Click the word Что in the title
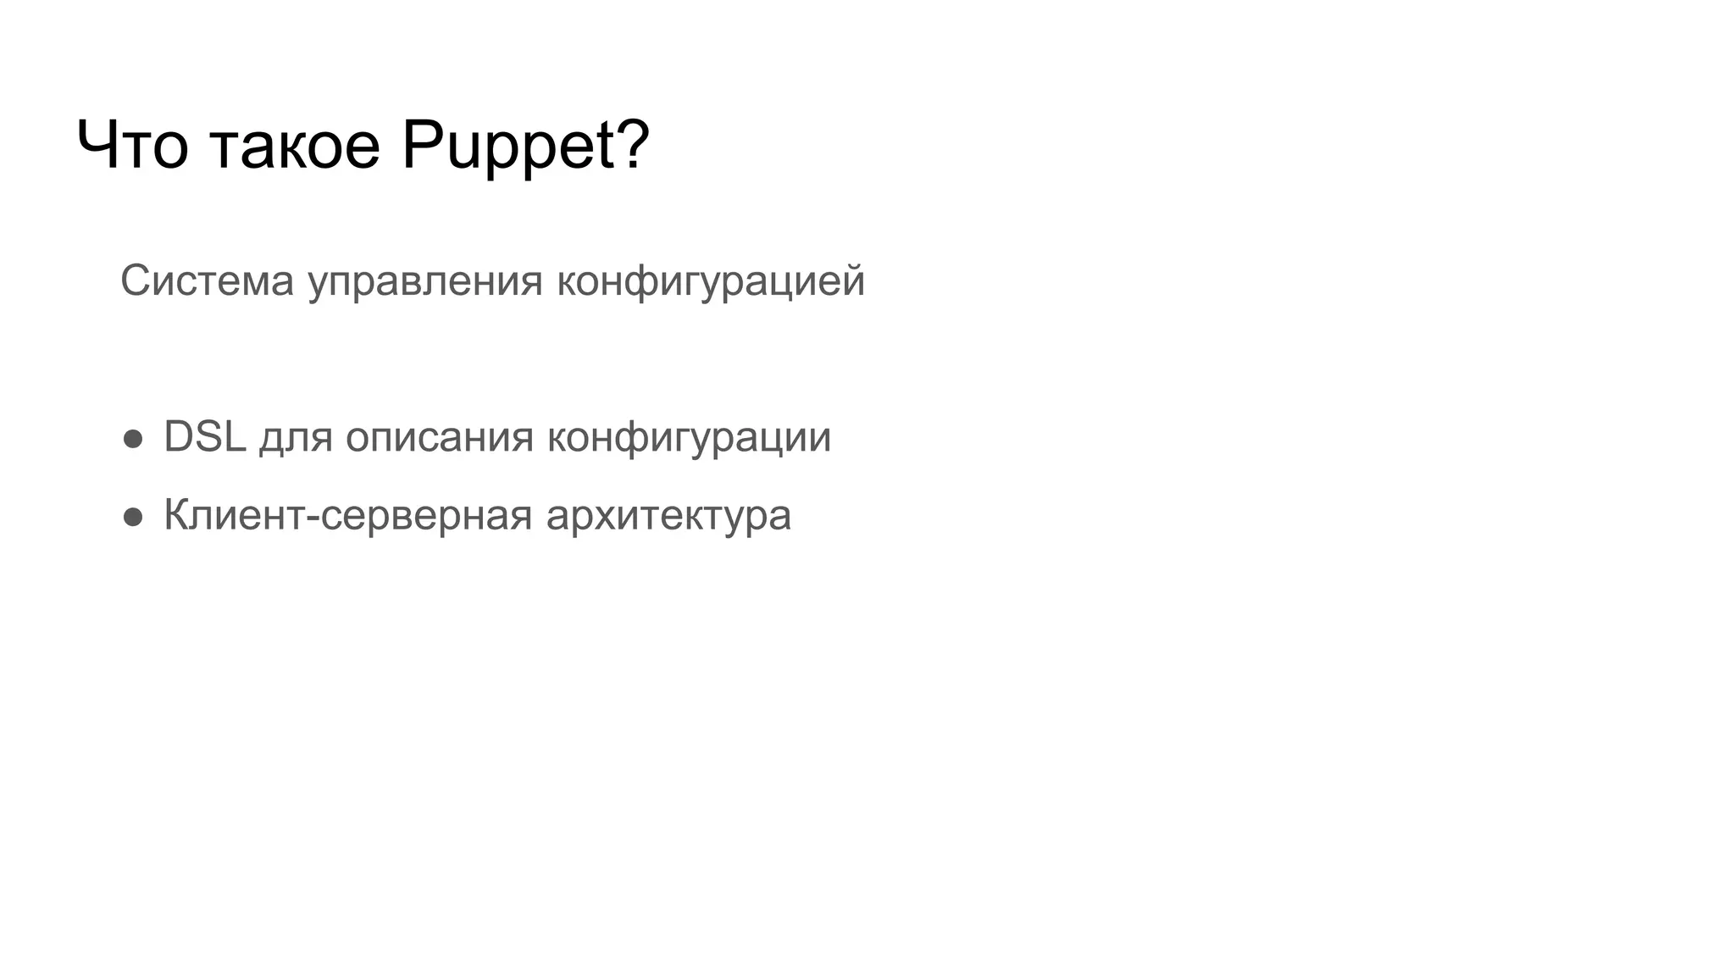tap(131, 146)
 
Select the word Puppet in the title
tap(508, 146)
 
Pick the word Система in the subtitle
tap(207, 280)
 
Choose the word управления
tap(424, 282)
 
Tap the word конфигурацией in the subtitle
tap(710, 282)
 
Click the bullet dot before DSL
tap(133, 439)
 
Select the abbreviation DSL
tap(204, 437)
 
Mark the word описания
tap(439, 439)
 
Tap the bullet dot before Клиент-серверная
tap(133, 517)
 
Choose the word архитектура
tap(668, 517)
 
